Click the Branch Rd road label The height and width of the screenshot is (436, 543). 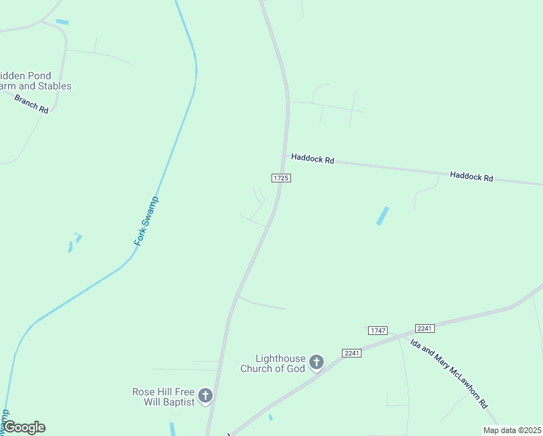pos(30,103)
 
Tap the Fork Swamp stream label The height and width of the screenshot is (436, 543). pos(147,220)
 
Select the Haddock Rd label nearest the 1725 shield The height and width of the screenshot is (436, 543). pos(312,158)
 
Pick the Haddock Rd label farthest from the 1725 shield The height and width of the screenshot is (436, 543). pos(471,177)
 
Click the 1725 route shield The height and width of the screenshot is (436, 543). pos(281,178)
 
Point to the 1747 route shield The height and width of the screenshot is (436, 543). pos(377,331)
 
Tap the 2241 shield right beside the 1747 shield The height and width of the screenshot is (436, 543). pos(425,328)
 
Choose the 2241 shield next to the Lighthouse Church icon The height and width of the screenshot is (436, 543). pos(351,353)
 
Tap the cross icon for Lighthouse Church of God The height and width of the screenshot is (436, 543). pos(316,362)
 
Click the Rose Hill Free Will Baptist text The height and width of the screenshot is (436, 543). pos(163,396)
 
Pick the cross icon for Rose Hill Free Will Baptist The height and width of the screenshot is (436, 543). pos(205,396)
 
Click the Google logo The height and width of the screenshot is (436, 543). pos(24,427)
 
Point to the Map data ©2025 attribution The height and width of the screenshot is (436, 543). pos(511,430)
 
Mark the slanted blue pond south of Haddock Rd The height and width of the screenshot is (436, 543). pos(383,216)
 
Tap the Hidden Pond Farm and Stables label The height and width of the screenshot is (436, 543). pos(36,81)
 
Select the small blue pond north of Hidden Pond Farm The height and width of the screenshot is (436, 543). pos(62,23)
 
